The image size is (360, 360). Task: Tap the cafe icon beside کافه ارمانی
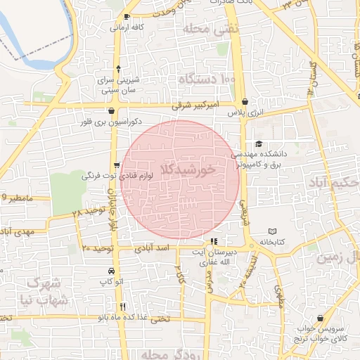pos(127,16)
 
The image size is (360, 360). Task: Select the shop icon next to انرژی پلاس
pos(244,101)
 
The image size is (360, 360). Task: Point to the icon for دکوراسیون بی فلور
pos(112,110)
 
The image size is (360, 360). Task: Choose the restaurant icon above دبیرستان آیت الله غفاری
pos(224,242)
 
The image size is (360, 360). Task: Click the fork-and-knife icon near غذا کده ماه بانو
pos(124,306)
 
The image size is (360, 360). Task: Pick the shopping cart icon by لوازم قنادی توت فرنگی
pos(116,165)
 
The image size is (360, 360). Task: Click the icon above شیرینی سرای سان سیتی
pos(117,69)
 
